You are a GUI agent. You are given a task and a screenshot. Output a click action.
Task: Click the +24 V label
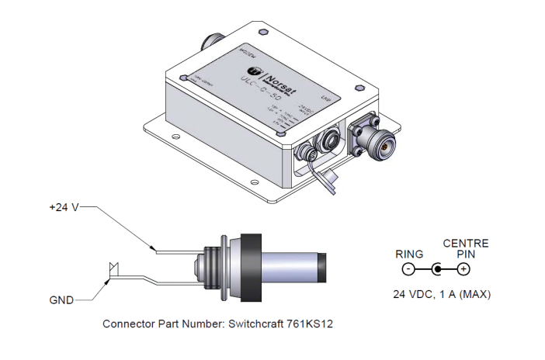click(63, 208)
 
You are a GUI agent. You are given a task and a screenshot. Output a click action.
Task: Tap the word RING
click(408, 253)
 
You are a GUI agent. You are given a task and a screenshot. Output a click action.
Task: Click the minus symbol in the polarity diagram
click(408, 270)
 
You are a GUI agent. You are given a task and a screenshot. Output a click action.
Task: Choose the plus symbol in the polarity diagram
click(463, 270)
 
